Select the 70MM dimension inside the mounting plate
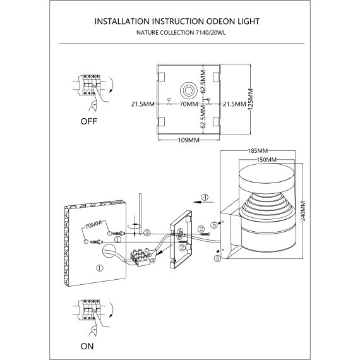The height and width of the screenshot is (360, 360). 187,103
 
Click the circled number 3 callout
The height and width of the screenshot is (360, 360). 146,234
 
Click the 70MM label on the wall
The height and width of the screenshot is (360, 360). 93,224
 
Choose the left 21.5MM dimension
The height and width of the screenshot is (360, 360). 143,103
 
